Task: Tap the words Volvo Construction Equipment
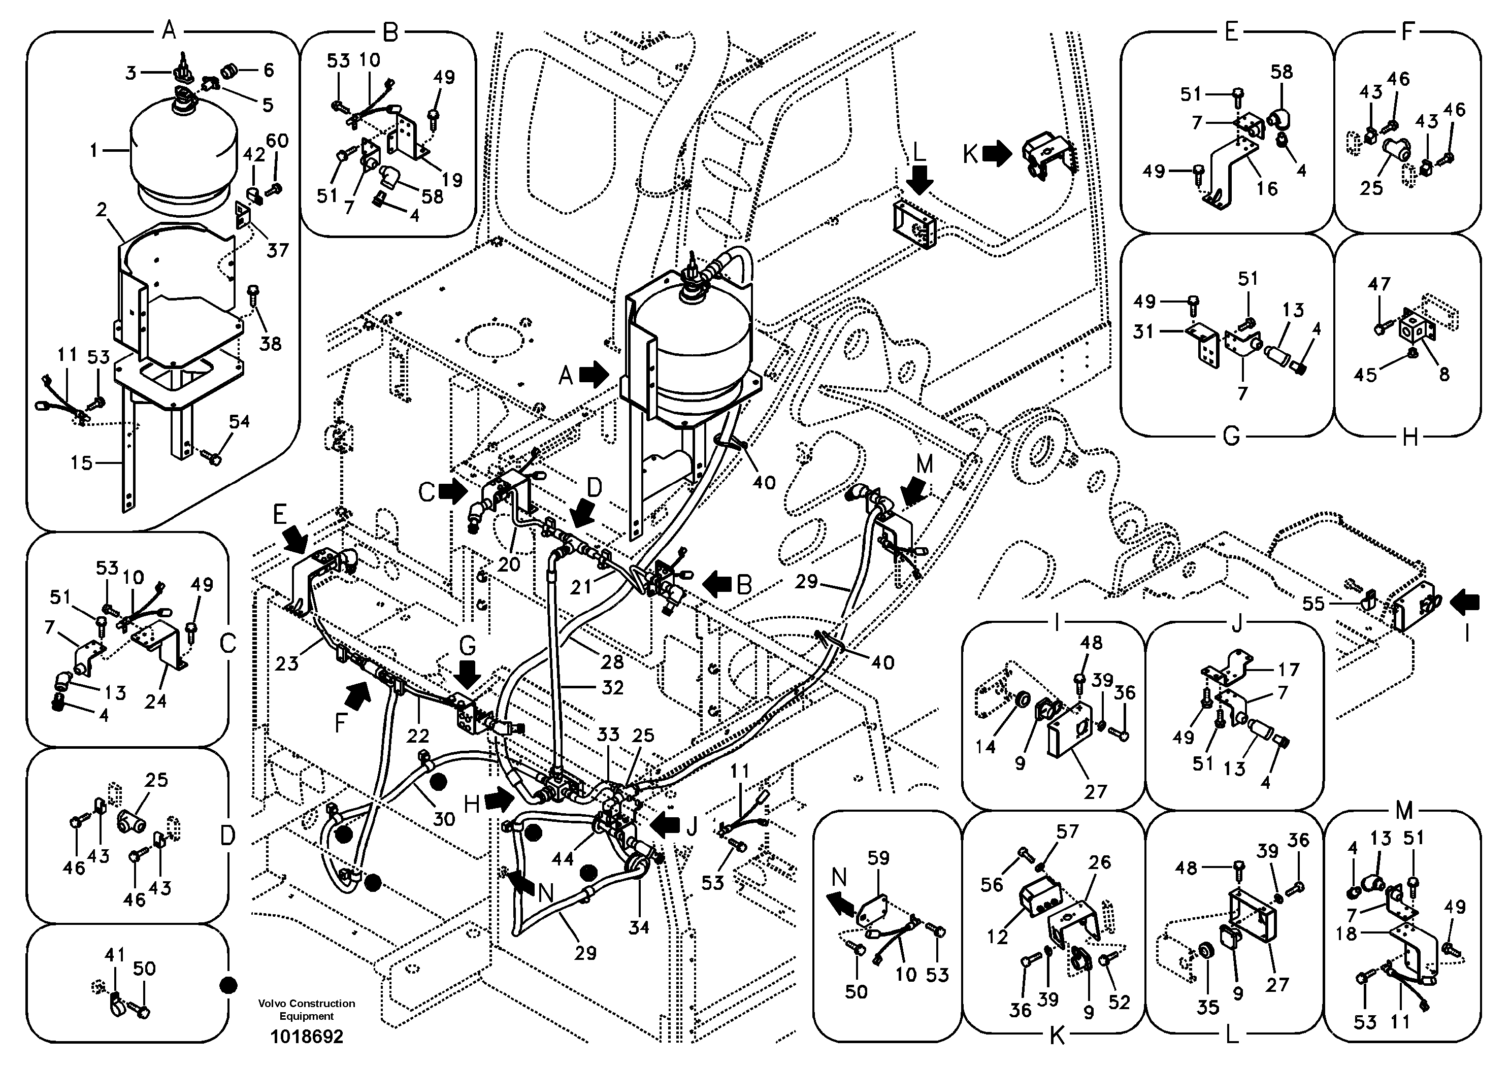click(x=306, y=1010)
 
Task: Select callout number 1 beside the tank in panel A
click(x=94, y=151)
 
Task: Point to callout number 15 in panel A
click(x=82, y=463)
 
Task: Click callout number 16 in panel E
click(x=1266, y=189)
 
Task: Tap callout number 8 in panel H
click(x=1444, y=374)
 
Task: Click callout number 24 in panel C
click(x=155, y=701)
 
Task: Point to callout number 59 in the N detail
click(x=878, y=858)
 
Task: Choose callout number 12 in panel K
click(x=997, y=937)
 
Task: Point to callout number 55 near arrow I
click(x=1313, y=603)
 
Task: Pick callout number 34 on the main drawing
click(x=638, y=927)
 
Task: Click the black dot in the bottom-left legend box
click(x=227, y=985)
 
